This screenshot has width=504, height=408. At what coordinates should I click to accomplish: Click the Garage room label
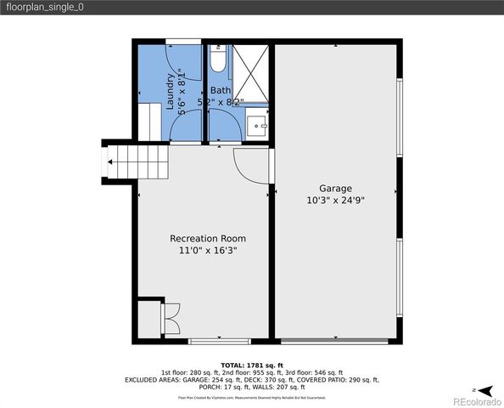coord(335,188)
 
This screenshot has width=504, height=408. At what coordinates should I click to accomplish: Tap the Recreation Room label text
coord(203,238)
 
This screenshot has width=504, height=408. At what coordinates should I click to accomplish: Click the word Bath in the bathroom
coord(221,90)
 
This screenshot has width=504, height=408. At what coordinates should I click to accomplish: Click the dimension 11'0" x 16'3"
coord(203,251)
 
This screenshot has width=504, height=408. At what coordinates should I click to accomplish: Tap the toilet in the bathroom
coord(217,62)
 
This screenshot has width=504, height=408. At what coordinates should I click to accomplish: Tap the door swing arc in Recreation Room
coord(251,167)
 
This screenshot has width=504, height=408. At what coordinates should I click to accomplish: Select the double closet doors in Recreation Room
coord(172,320)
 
